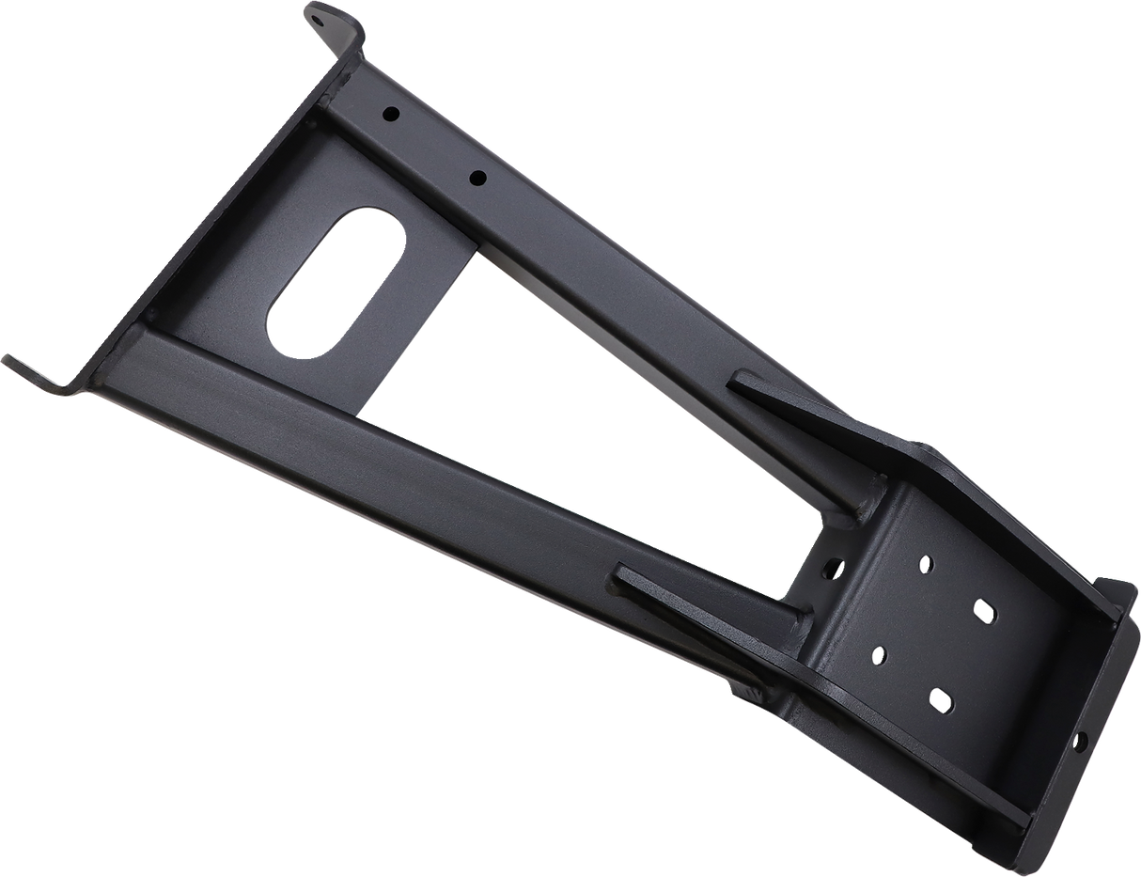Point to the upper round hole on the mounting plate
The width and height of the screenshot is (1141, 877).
pos(926,564)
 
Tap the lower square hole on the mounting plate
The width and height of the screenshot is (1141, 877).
pos(940,698)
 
